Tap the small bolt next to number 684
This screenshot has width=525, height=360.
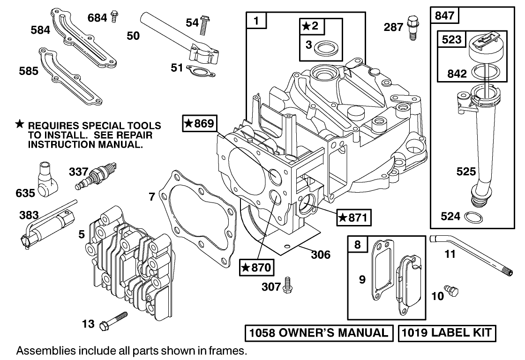click(114, 17)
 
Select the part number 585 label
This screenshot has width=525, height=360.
click(29, 71)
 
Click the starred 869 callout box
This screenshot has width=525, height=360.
click(200, 124)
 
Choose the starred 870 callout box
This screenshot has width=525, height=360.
click(256, 268)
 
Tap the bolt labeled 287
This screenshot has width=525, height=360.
click(412, 28)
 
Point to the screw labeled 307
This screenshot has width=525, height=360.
click(287, 285)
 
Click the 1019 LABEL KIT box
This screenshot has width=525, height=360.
click(447, 333)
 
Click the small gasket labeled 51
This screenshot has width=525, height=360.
click(196, 72)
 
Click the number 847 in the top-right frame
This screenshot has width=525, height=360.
click(445, 15)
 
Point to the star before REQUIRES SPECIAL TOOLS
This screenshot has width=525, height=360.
click(19, 125)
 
